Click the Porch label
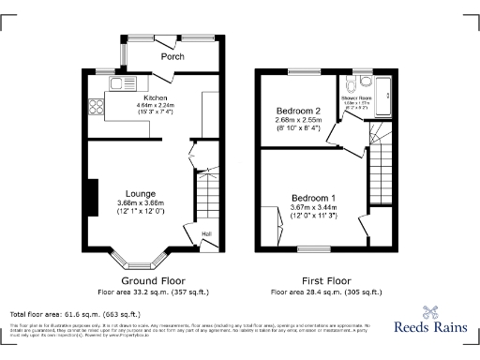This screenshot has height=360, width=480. point(172,57)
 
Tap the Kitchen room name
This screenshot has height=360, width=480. point(155,97)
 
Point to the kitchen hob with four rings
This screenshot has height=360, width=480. point(96,106)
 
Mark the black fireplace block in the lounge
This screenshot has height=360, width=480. point(92,199)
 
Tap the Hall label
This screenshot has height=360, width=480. point(206,233)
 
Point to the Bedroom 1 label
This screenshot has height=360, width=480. point(313,198)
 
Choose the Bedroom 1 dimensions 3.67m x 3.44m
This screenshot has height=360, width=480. point(313,208)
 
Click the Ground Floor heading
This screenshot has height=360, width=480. point(154,280)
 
